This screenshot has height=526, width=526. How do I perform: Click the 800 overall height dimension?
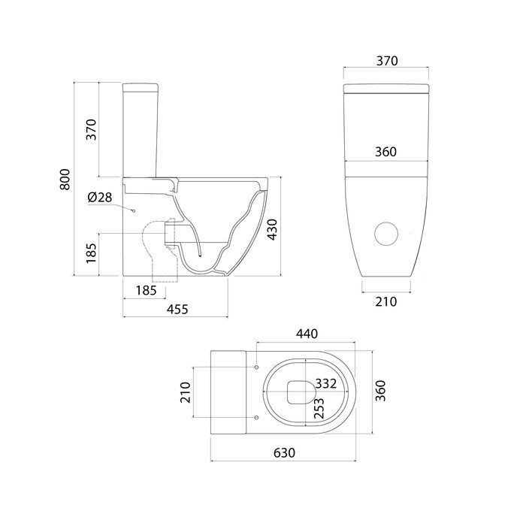click(x=65, y=180)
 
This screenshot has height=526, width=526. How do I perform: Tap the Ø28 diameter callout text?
click(x=100, y=197)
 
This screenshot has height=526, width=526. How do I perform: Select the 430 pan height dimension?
click(x=272, y=229)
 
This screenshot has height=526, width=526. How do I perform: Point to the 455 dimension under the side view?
click(x=177, y=309)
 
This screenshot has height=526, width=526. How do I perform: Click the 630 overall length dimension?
click(x=285, y=453)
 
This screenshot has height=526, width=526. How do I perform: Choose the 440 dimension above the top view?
click(x=307, y=334)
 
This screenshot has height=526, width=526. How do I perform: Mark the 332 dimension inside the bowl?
click(x=325, y=383)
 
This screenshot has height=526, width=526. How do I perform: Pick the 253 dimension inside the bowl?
click(x=319, y=408)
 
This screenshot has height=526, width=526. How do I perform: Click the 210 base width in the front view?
click(x=386, y=301)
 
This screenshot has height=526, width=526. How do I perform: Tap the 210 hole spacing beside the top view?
click(x=186, y=392)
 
